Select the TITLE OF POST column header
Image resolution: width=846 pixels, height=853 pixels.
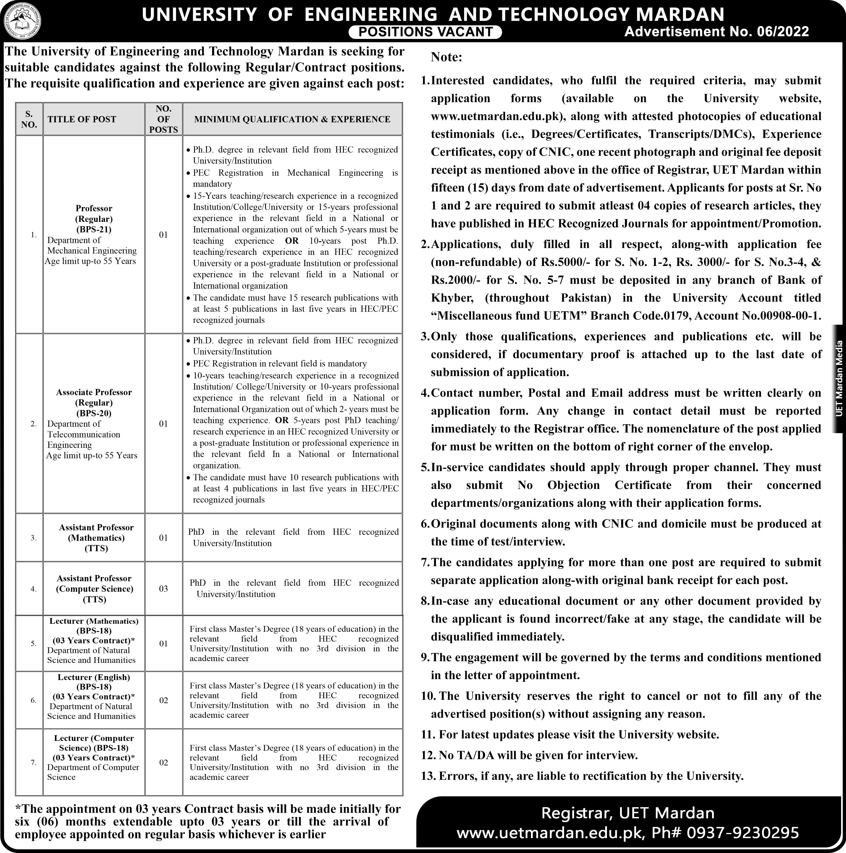pos(82,119)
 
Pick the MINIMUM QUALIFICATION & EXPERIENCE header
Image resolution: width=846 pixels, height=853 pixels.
pos(292,119)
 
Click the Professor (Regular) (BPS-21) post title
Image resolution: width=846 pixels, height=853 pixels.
pos(94,219)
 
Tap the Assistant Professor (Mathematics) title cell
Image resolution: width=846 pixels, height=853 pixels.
pos(96,538)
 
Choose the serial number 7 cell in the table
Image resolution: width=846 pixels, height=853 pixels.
pos(34,762)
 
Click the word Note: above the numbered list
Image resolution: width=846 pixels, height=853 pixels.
pos(446,57)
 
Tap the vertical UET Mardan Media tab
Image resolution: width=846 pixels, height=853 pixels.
pos(839,378)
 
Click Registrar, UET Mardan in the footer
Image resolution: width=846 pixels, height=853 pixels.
pos(628,813)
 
